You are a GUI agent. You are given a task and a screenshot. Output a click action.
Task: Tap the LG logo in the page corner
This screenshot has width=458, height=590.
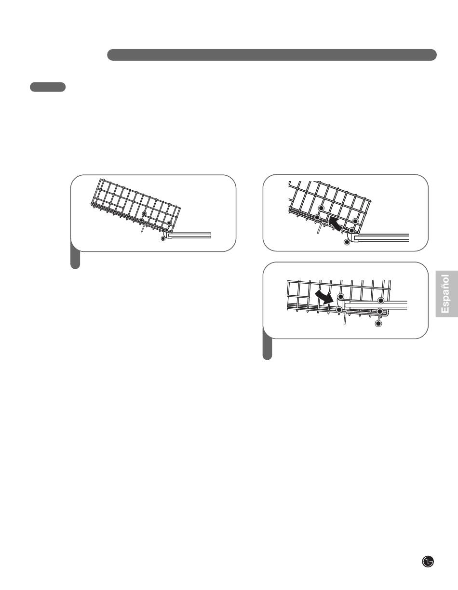coord(428,562)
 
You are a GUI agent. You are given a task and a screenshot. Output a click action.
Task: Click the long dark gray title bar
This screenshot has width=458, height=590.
coord(272,55)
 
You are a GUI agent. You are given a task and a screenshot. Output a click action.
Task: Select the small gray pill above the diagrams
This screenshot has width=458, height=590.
coord(48,87)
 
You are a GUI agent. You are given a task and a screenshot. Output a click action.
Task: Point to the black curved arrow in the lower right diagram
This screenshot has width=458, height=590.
coord(324,297)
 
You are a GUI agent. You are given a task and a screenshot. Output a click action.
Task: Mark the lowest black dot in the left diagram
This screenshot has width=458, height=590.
coord(163,238)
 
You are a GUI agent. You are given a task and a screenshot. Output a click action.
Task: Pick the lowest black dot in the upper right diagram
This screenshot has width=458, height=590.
coord(347,242)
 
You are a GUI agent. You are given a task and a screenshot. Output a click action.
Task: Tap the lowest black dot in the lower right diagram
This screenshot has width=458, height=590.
coord(378,323)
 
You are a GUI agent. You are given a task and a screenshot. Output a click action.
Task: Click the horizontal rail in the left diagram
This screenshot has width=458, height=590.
coord(189,235)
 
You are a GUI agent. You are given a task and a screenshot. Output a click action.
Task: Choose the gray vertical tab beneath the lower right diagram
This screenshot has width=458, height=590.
coord(267,344)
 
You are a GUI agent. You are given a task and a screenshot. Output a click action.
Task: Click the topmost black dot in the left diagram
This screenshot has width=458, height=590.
coord(144,214)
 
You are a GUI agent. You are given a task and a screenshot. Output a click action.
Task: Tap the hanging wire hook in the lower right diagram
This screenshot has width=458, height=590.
coord(345,318)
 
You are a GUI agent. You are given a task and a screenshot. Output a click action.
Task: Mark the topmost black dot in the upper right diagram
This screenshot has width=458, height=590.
coord(322,208)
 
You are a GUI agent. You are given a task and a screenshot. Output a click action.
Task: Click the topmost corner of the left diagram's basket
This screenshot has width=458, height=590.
coord(100,179)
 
